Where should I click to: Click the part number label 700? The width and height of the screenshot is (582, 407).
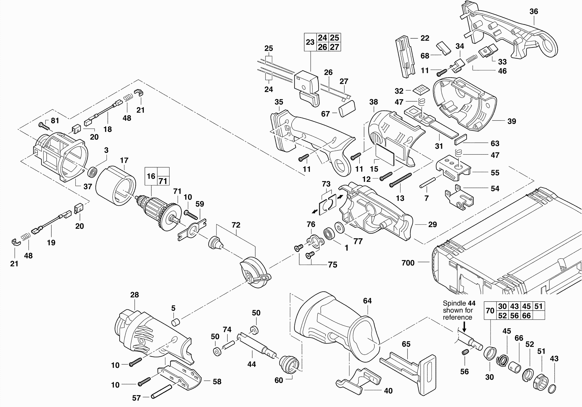click(408, 263)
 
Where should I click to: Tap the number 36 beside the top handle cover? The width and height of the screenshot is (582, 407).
click(534, 11)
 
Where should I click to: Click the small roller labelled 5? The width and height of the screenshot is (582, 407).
click(175, 323)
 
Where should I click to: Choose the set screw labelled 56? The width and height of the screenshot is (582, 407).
click(465, 352)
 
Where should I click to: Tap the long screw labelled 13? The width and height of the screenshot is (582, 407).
click(400, 180)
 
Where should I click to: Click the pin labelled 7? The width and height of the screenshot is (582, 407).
click(427, 183)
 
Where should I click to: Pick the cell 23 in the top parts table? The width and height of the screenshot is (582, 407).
click(310, 42)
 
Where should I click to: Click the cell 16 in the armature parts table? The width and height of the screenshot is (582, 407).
click(151, 176)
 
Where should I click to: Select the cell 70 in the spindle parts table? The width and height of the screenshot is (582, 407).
click(490, 310)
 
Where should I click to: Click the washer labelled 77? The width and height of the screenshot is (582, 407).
click(339, 227)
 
